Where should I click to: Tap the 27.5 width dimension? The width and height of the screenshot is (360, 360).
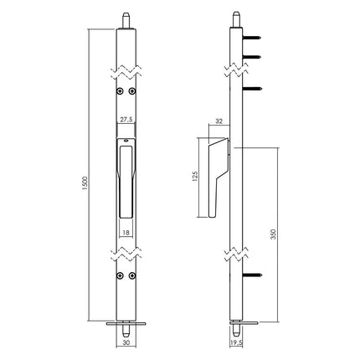tap(126, 120)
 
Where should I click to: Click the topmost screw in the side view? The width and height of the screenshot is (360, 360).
tap(249, 38)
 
